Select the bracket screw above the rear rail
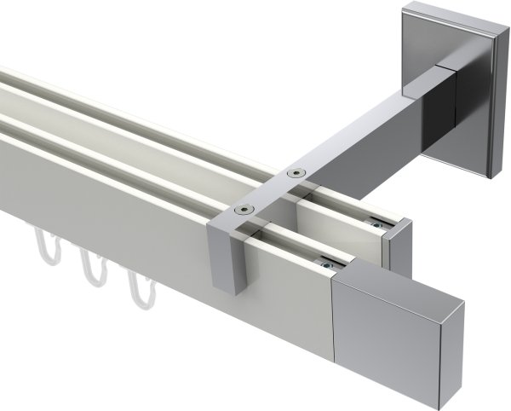click(x=296, y=173)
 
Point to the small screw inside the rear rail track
click(x=375, y=224)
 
